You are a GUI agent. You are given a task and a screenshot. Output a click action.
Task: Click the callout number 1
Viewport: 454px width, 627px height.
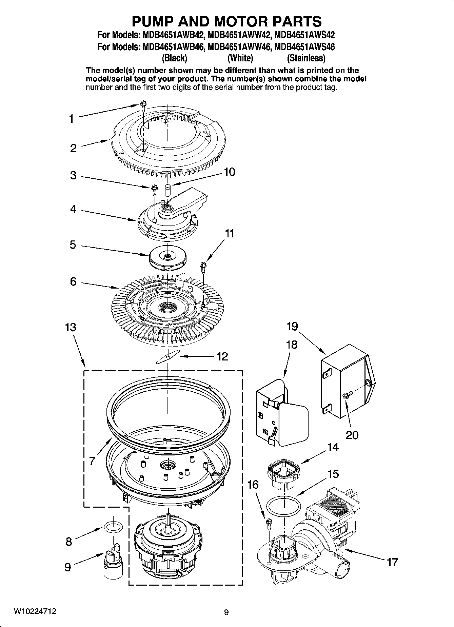click(x=71, y=119)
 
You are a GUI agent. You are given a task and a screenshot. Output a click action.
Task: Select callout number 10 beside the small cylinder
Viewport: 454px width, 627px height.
click(x=230, y=172)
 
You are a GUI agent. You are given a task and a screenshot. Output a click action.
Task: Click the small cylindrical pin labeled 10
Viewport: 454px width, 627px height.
click(x=167, y=190)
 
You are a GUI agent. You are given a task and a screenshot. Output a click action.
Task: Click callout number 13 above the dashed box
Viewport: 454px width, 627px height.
click(x=71, y=328)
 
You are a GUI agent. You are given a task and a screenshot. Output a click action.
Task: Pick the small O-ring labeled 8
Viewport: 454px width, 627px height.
click(x=113, y=527)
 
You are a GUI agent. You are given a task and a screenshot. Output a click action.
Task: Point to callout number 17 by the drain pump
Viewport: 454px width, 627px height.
click(x=392, y=563)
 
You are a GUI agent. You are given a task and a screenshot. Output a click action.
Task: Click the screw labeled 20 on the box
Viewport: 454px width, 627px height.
click(x=348, y=394)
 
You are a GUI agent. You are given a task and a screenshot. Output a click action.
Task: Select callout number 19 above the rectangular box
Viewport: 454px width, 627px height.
click(x=292, y=326)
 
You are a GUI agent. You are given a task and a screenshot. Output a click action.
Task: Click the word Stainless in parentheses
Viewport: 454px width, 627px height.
click(x=306, y=58)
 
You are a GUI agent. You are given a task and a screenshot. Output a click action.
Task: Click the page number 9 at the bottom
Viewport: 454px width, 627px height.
click(x=226, y=612)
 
